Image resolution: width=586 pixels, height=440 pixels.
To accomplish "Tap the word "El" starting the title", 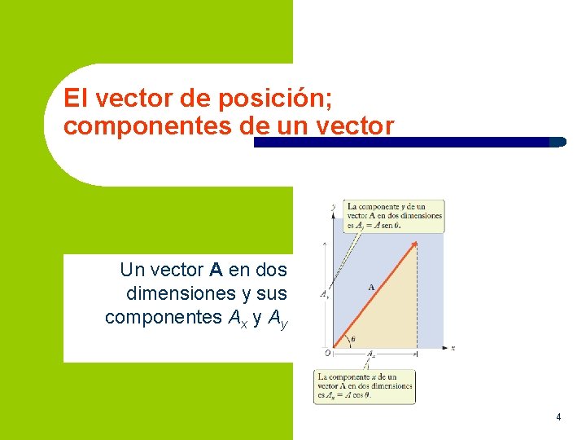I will click(75, 99).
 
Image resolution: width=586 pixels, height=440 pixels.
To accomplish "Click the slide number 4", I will click(558, 417).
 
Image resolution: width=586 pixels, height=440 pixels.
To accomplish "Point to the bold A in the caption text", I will click(216, 269).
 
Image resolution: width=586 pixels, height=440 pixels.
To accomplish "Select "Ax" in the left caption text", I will click(235, 318).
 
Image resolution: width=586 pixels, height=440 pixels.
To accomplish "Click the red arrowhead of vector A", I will click(414, 244).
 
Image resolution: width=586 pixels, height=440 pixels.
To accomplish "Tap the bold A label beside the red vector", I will click(372, 287).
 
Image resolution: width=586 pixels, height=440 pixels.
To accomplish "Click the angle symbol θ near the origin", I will click(352, 340).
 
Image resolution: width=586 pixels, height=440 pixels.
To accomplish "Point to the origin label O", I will click(326, 353).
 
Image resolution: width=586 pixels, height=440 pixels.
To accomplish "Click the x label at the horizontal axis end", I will click(453, 349).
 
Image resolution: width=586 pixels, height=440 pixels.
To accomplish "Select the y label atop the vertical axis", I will click(333, 207).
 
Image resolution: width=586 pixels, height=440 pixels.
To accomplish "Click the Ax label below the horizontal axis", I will click(371, 354).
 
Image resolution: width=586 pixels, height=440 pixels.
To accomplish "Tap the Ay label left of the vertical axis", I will click(324, 294).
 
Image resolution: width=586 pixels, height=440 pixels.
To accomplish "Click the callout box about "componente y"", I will click(394, 215).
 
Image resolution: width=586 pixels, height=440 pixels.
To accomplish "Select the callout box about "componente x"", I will click(365, 386).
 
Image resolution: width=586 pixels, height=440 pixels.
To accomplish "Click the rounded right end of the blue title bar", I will click(558, 142).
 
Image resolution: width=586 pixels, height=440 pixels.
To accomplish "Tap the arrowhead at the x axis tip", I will click(444, 348).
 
